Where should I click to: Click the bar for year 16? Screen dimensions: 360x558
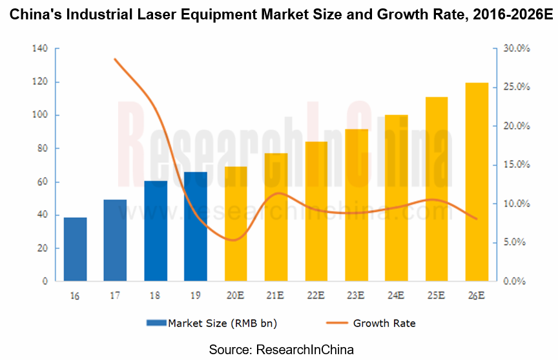pyautogui.click(x=75, y=249)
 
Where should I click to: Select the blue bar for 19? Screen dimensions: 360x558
pyautogui.click(x=196, y=226)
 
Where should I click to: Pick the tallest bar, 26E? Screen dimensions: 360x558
pyautogui.click(x=477, y=182)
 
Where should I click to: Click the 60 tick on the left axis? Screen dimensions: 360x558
pyautogui.click(x=42, y=182)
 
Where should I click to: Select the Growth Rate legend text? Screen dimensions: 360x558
pyautogui.click(x=384, y=323)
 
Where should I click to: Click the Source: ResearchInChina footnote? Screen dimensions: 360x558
pyautogui.click(x=281, y=350)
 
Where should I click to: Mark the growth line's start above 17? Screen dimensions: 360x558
pyautogui.click(x=115, y=59)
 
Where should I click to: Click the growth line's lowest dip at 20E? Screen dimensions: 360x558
pyautogui.click(x=234, y=240)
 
